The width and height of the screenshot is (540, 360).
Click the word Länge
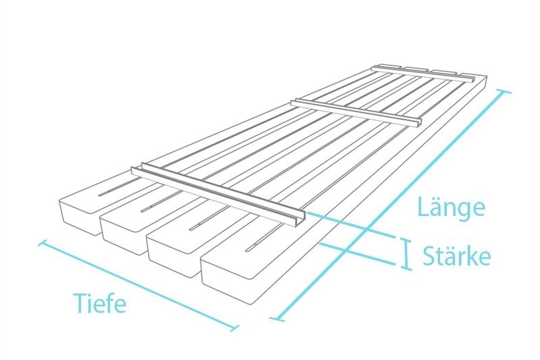[x=451, y=207]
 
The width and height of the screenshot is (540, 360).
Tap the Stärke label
[x=457, y=255]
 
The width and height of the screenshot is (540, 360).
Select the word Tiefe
[x=100, y=303]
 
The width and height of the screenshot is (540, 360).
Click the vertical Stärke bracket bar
[x=407, y=253]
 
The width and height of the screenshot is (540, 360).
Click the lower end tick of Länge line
[x=277, y=319]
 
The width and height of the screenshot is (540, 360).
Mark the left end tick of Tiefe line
[x=42, y=243]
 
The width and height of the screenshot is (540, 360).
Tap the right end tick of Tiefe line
[x=234, y=328]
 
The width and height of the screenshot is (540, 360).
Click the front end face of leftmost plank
[x=78, y=217]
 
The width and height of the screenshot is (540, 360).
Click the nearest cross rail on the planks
[x=217, y=194]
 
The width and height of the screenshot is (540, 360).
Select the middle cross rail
[x=356, y=112]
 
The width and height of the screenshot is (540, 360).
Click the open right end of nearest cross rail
[x=299, y=220]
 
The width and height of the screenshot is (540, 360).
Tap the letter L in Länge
[x=423, y=207]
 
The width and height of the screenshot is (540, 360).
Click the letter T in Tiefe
[x=80, y=303]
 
